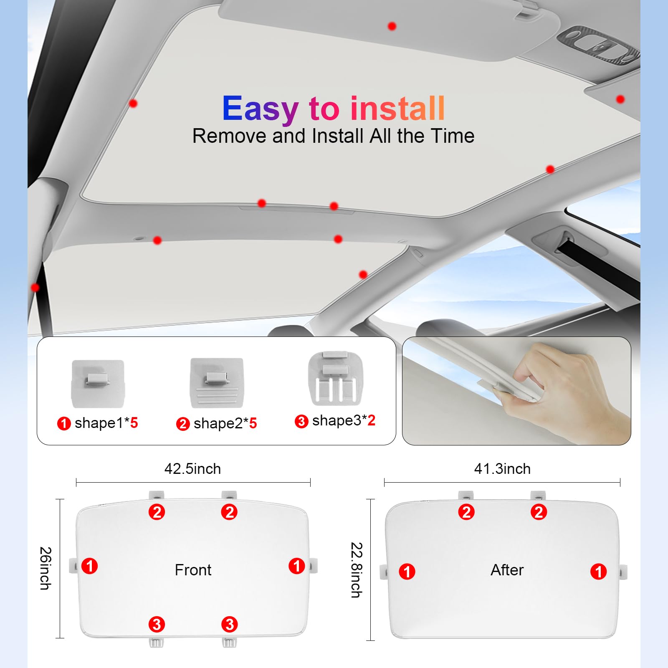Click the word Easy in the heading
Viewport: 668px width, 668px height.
(260, 109)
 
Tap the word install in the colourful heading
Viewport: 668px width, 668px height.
(397, 108)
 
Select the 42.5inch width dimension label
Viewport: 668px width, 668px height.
(192, 469)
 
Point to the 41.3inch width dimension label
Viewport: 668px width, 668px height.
(502, 469)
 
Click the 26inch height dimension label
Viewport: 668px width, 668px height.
(46, 568)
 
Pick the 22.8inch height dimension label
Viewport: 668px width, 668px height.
(357, 570)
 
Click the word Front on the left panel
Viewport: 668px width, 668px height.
(193, 570)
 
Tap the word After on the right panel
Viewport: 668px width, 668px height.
(507, 570)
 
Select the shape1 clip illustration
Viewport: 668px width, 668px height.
(98, 384)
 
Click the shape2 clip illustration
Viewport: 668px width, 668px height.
(217, 383)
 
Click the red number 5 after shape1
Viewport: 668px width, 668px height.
(134, 423)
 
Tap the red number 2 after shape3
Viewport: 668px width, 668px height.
(371, 420)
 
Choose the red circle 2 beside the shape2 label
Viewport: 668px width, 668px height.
(183, 424)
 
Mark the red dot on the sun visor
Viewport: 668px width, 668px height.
(392, 26)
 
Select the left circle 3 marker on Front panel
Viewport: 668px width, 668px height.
(157, 625)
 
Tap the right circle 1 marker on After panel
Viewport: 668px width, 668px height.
(598, 572)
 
